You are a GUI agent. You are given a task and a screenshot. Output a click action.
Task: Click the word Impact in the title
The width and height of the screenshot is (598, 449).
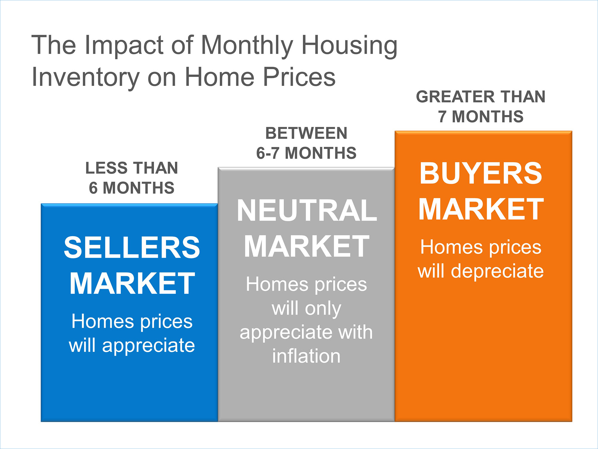tap(124, 45)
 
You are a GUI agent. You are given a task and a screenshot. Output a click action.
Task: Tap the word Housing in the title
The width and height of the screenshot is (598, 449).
tap(350, 45)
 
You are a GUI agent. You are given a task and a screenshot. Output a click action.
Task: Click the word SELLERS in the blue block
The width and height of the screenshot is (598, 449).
tap(132, 247)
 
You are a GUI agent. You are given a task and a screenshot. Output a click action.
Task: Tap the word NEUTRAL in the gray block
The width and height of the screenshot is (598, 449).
tap(307, 210)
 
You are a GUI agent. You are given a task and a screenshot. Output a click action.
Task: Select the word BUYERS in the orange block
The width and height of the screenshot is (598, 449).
tap(481, 173)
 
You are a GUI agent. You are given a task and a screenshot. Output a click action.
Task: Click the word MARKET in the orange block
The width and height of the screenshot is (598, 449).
tap(481, 209)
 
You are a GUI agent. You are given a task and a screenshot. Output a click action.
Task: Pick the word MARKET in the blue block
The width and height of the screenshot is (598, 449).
tap(132, 283)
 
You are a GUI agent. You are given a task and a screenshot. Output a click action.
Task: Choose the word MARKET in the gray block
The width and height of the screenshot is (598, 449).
tap(307, 246)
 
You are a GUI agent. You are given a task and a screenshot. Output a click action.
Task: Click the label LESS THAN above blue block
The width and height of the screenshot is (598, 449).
tap(132, 168)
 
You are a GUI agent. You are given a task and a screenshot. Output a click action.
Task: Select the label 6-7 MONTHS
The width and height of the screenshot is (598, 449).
tap(306, 153)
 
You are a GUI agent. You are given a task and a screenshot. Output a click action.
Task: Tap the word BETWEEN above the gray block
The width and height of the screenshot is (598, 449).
tap(306, 133)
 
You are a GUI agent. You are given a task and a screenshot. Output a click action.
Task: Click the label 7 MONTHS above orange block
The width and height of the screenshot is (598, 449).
tap(481, 116)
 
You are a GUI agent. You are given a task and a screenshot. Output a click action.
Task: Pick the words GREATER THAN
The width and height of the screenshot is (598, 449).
tap(481, 97)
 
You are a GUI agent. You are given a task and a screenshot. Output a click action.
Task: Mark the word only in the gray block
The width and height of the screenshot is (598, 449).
tap(324, 309)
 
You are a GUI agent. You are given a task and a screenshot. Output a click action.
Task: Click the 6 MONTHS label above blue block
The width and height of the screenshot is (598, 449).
tap(132, 188)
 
